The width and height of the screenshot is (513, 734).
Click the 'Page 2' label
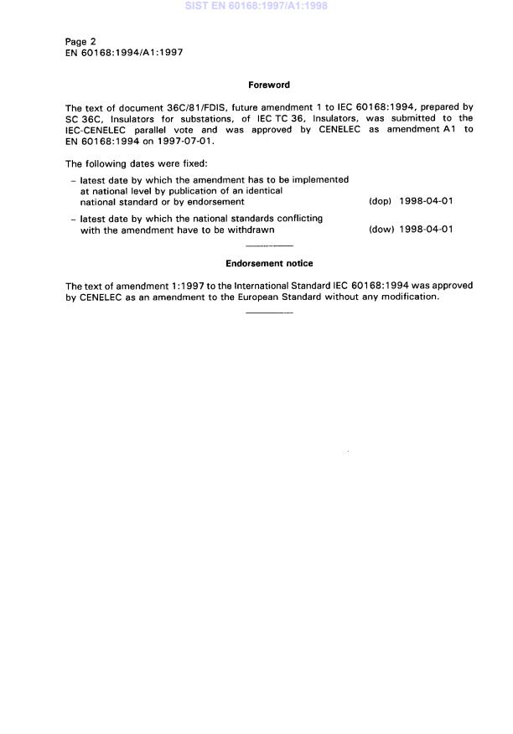tap(81, 41)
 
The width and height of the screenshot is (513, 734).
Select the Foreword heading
tap(268, 85)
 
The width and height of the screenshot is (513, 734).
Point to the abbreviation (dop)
tap(381, 202)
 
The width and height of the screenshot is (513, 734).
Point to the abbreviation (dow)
tap(381, 230)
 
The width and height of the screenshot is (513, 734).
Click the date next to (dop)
tap(427, 202)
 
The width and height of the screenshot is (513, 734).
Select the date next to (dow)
tap(427, 230)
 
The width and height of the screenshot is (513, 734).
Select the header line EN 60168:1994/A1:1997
tap(124, 52)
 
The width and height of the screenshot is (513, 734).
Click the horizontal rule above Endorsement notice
tap(271, 246)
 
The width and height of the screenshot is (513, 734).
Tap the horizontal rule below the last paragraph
tap(271, 313)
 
